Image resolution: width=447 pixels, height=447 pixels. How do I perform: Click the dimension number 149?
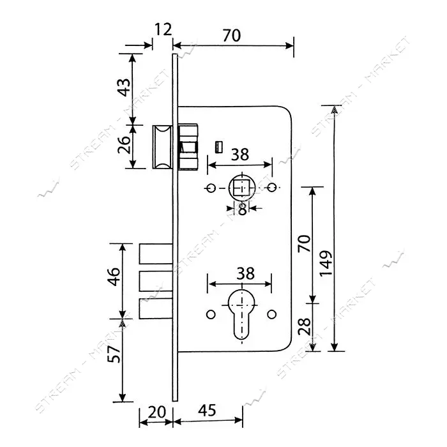[x=326, y=263]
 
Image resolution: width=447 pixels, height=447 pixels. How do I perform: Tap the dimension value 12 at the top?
[x=163, y=29]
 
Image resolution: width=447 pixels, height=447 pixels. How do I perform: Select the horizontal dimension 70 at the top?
[x=232, y=35]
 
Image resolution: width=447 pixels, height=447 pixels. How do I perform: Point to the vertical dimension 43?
[x=124, y=87]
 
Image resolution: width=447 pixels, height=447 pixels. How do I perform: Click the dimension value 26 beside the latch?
[x=124, y=144]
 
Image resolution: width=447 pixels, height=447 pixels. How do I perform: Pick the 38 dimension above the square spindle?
[x=239, y=155]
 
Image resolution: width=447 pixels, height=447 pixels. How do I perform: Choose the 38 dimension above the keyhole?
[x=245, y=273]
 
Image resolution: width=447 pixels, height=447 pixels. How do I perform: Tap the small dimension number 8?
[x=242, y=209]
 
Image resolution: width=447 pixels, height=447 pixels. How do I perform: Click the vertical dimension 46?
[x=114, y=277]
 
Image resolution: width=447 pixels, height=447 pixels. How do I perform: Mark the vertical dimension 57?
[x=114, y=354]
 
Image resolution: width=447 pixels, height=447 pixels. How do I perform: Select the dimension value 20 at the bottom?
[x=157, y=412]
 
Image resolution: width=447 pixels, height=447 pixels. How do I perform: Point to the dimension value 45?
[x=208, y=410]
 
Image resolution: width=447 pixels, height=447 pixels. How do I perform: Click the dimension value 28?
[x=305, y=326]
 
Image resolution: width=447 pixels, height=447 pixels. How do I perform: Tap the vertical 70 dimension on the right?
[x=304, y=243]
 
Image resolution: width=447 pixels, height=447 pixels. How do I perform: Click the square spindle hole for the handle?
[x=242, y=188]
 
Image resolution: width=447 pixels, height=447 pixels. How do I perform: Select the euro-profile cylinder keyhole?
[x=242, y=314]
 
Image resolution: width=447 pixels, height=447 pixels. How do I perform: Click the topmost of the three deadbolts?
[x=156, y=254]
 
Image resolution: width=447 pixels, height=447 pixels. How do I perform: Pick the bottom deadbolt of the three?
[x=156, y=308]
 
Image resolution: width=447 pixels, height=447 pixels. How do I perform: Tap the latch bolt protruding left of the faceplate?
[x=162, y=146]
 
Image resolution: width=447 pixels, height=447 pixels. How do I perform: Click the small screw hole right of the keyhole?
[x=271, y=314]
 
